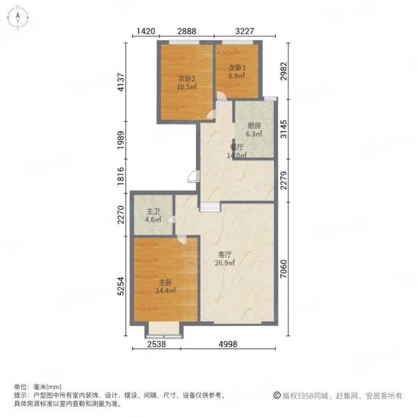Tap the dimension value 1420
coord(145,32)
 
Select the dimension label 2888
coord(188,32)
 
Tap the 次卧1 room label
coord(238,67)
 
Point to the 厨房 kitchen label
coord(254,126)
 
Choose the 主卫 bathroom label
coord(152,212)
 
